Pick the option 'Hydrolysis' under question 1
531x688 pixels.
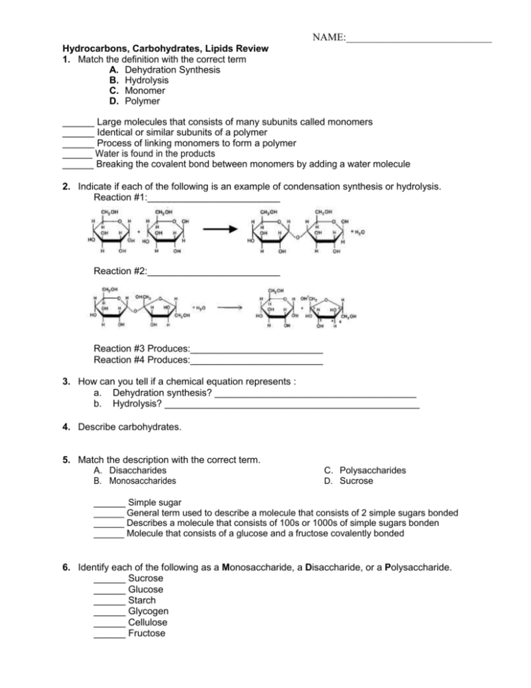(142, 80)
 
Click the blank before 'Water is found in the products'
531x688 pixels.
(77, 154)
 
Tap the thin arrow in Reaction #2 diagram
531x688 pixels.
(230, 309)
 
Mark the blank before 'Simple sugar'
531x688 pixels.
(109, 503)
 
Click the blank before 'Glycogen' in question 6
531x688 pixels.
(109, 611)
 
